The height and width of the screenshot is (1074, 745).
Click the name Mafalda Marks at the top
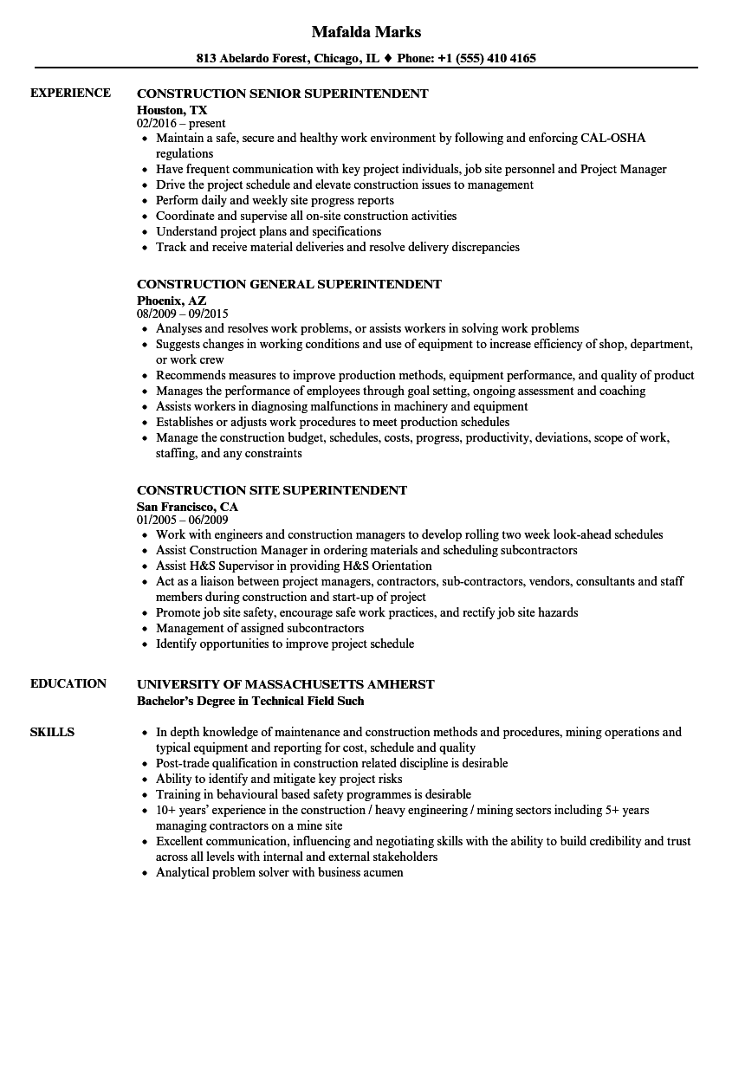pyautogui.click(x=366, y=32)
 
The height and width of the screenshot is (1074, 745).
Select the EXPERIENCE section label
pyautogui.click(x=70, y=93)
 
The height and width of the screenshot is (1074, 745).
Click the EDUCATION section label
pyautogui.click(x=68, y=683)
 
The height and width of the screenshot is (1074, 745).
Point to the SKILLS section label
pyautogui.click(x=52, y=732)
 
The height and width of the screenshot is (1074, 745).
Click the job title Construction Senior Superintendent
pyautogui.click(x=282, y=94)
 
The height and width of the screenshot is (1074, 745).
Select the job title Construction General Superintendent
pyautogui.click(x=289, y=284)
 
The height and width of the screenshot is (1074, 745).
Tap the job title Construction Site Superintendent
pyautogui.click(x=272, y=490)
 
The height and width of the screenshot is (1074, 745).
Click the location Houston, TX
pyautogui.click(x=172, y=109)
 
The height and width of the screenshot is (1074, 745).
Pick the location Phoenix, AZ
pyautogui.click(x=172, y=300)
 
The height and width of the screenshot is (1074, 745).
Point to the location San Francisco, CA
pyautogui.click(x=187, y=506)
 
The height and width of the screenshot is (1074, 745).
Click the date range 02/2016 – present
pyautogui.click(x=181, y=123)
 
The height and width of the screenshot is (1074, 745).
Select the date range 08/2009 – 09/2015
pyautogui.click(x=182, y=314)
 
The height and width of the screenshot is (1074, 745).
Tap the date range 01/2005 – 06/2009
pyautogui.click(x=182, y=520)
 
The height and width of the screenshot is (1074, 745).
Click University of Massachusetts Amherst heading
pyautogui.click(x=286, y=684)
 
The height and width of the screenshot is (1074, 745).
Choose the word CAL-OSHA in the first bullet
pyautogui.click(x=614, y=138)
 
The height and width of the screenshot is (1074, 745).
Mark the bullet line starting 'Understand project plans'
pyautogui.click(x=269, y=231)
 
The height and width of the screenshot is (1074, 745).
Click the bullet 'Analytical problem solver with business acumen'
pyautogui.click(x=279, y=872)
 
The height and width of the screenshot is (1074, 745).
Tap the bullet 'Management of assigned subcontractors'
pyautogui.click(x=260, y=628)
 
